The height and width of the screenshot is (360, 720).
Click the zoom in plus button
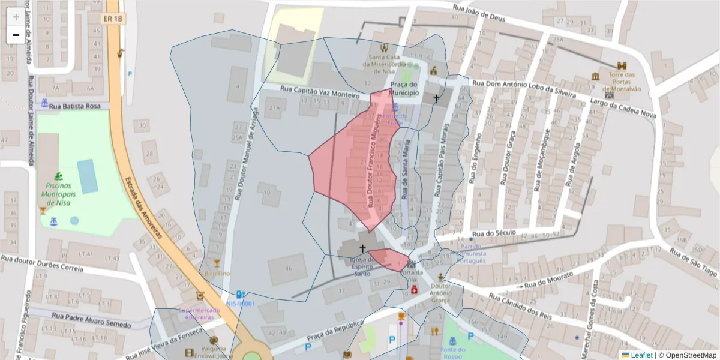(16, 17)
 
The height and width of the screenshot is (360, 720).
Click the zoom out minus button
(16, 35)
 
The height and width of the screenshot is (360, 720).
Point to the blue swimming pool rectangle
(88, 176)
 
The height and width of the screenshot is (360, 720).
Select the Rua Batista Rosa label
(76, 106)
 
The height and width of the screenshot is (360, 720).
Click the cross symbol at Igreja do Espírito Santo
(362, 248)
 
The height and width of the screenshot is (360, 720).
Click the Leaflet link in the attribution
(642, 355)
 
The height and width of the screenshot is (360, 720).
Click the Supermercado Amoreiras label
(200, 313)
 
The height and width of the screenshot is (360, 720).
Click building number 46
(289, 268)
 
